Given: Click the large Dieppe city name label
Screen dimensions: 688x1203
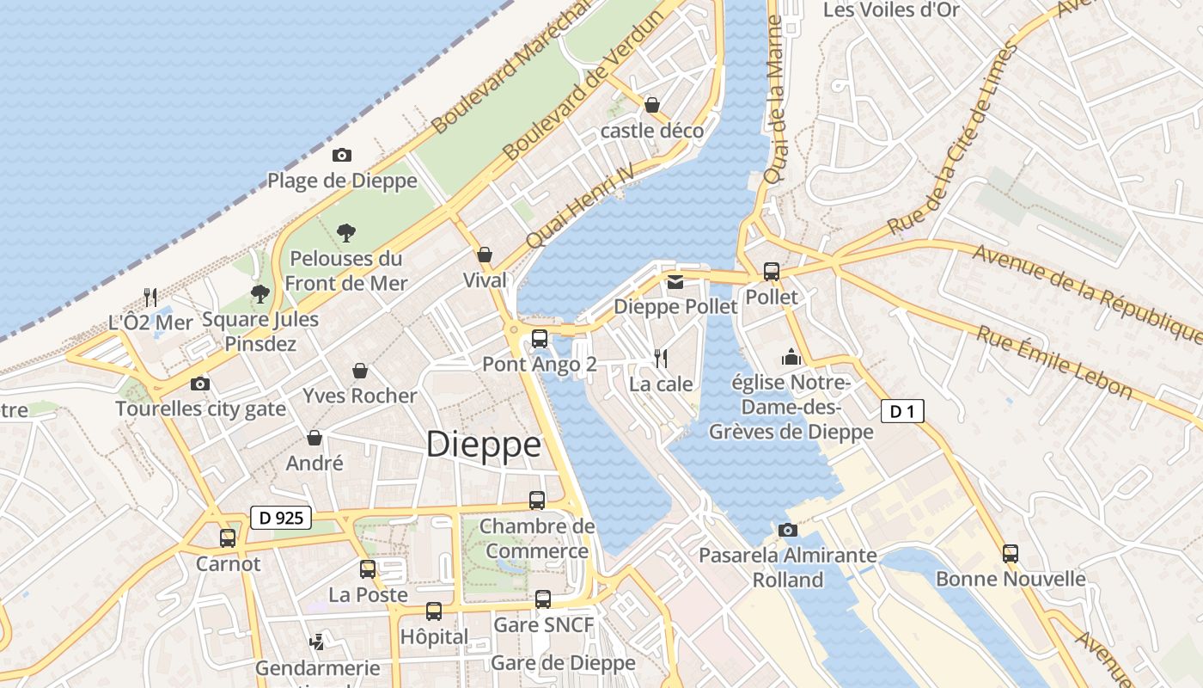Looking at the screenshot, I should (x=484, y=445).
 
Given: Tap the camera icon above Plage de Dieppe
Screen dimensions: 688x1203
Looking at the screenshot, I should (x=342, y=155).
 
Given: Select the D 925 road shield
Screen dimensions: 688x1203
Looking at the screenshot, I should (x=281, y=518).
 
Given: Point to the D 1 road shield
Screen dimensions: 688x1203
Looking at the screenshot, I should (x=902, y=412).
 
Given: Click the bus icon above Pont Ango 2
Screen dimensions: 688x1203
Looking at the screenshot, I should (x=540, y=339).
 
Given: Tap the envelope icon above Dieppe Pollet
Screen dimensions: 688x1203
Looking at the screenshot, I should (x=675, y=281).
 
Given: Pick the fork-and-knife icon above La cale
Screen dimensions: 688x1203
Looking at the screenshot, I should (x=661, y=358).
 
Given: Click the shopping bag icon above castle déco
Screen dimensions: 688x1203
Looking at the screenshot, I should (x=652, y=105).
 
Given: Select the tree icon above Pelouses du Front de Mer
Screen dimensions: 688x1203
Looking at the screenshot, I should (x=346, y=232).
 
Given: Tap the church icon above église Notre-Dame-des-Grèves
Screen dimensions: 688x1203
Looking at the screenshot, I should (x=791, y=356).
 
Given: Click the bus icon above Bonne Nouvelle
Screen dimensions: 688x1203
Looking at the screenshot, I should (x=1011, y=554).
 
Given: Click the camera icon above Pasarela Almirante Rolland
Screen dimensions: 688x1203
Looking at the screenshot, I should (x=787, y=530).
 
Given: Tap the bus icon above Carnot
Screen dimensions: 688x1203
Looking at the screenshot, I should (x=228, y=538).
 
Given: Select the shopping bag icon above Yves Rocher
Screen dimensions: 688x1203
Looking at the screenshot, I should (x=360, y=371).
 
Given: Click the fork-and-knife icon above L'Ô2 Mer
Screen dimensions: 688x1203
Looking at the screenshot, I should (x=150, y=297).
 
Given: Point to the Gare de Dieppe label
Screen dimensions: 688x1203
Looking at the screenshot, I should (x=563, y=662).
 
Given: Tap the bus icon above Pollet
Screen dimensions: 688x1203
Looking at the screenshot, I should (x=772, y=272).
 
